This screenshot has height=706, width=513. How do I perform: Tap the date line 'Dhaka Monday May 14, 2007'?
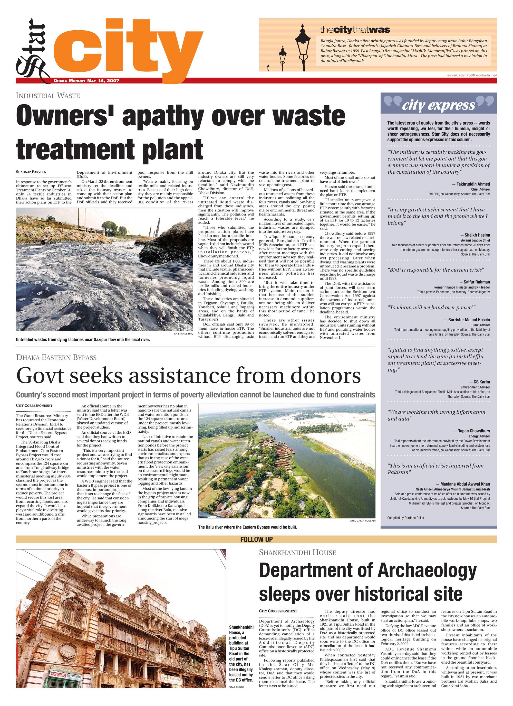click(x=86, y=81)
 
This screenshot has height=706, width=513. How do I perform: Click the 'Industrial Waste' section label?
click(x=48, y=96)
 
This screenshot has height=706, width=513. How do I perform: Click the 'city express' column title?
click(x=438, y=106)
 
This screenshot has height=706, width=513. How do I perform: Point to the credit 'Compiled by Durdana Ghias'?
click(x=405, y=518)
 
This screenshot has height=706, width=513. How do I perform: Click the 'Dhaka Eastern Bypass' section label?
click(x=56, y=357)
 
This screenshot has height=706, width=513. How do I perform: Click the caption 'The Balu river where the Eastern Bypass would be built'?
click(x=247, y=527)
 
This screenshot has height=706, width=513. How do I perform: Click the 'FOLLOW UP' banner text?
click(x=256, y=540)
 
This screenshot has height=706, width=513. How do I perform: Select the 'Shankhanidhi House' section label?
click(x=297, y=553)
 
